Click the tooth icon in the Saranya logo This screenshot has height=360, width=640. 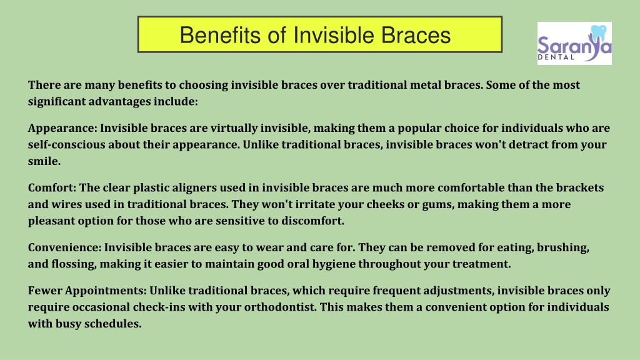pos(599,32)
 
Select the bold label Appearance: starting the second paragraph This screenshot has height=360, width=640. pos(63,128)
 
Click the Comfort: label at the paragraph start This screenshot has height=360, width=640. pos(52,187)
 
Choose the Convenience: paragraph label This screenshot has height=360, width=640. pos(64,247)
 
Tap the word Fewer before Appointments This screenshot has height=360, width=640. pos(45,291)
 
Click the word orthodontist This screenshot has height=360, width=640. pos(281,307)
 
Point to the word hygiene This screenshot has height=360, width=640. pos(334,264)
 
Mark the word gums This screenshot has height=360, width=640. pos(437,205)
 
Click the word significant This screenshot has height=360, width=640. pos(57,102)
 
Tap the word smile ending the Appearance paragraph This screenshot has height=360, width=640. pos(44,161)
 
